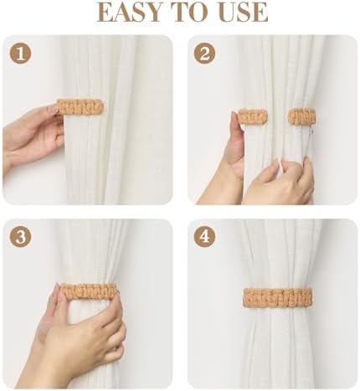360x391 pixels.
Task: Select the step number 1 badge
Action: (20, 54)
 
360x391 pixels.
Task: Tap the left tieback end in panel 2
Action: (252, 116)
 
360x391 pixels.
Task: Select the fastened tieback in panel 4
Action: (274, 296)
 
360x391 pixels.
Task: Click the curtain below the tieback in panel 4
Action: (274, 343)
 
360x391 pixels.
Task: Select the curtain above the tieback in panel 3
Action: (92, 251)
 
